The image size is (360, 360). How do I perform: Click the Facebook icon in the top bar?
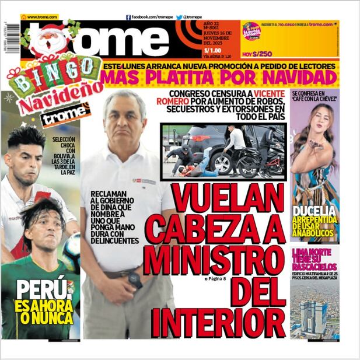pyautogui.click(x=128, y=18)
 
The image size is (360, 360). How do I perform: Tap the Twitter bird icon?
pyautogui.click(x=179, y=18)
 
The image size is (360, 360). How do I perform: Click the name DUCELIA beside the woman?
pyautogui.click(x=314, y=211)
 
